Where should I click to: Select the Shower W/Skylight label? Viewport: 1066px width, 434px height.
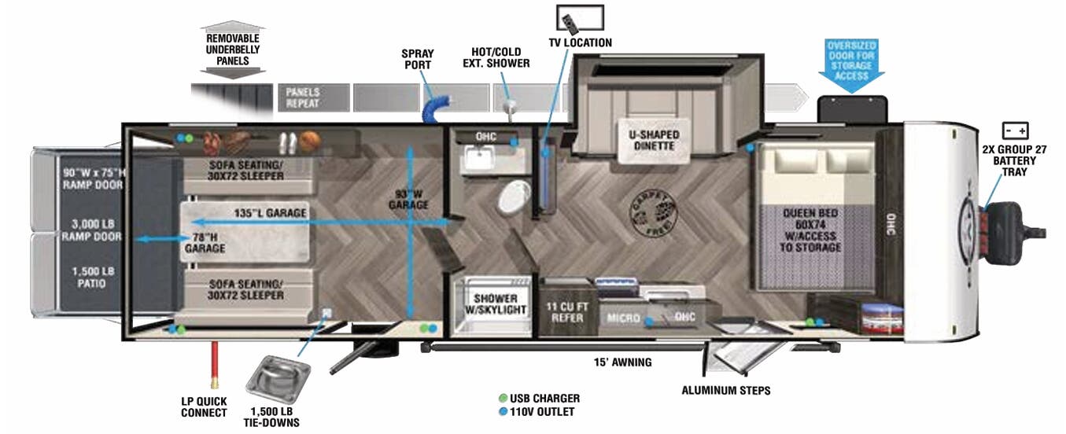click(x=495, y=304)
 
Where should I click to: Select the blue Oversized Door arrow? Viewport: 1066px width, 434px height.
click(x=850, y=61)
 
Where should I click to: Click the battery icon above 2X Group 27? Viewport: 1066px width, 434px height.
click(x=1014, y=131)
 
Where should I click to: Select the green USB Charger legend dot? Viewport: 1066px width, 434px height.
click(x=503, y=399)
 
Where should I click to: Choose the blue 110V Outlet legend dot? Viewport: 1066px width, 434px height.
click(x=503, y=412)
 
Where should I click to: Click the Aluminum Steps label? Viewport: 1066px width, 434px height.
click(x=725, y=390)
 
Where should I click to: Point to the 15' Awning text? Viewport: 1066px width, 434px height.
click(x=622, y=362)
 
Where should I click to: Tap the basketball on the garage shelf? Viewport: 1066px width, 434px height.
click(x=308, y=141)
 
